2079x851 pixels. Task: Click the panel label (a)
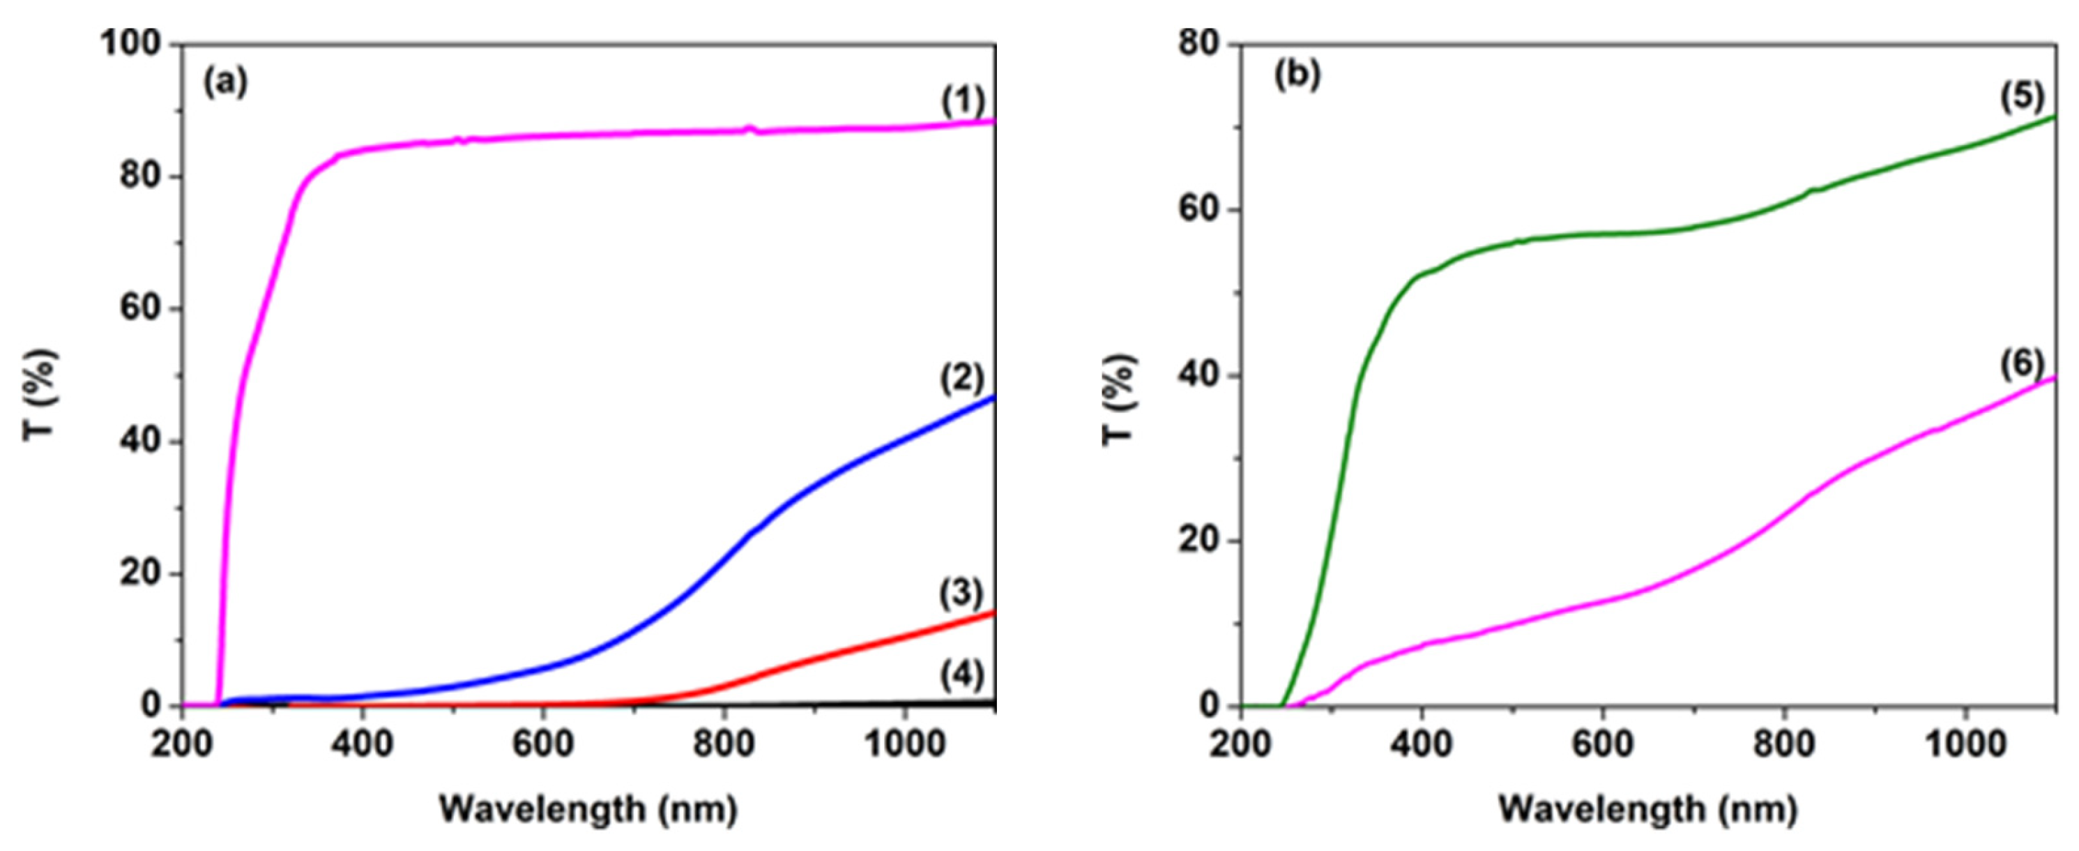click(x=225, y=82)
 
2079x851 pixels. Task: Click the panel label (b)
click(x=1297, y=75)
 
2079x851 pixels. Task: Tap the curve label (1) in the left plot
click(x=963, y=102)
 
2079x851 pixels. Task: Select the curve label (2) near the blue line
click(x=962, y=378)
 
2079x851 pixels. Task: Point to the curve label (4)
click(x=962, y=675)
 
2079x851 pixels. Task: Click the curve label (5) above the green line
click(x=2022, y=97)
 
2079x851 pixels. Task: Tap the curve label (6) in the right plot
click(x=2022, y=364)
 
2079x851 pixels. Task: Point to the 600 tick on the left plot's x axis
click(x=543, y=744)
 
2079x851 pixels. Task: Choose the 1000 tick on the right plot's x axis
click(x=1963, y=744)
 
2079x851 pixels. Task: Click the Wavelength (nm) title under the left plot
click(x=588, y=809)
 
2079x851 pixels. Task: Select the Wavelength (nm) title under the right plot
click(x=1648, y=809)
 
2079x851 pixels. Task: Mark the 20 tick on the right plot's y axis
click(x=1198, y=540)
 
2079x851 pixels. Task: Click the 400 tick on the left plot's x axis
click(x=363, y=744)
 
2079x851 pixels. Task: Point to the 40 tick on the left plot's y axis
click(x=142, y=441)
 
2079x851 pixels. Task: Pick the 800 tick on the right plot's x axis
click(x=1783, y=744)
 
